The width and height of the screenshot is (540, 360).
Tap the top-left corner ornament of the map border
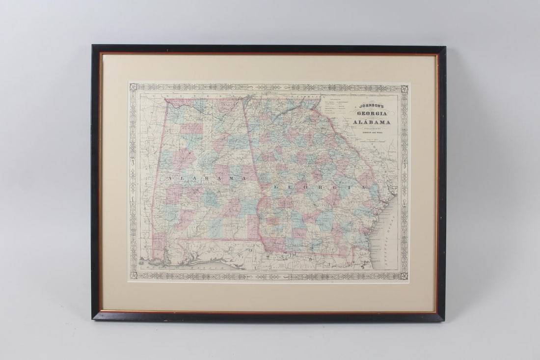point(133,87)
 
